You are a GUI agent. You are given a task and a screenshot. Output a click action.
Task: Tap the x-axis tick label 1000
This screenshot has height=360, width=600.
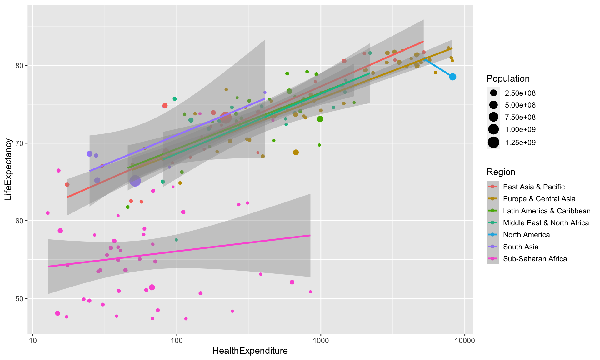tap(321, 341)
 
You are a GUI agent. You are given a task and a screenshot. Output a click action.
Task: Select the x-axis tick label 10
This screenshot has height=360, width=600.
tap(32, 341)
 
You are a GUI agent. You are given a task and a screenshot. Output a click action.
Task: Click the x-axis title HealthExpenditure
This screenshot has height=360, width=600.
tap(250, 351)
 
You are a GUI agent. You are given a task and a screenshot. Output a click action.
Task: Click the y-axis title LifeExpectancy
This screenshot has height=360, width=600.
tap(8, 169)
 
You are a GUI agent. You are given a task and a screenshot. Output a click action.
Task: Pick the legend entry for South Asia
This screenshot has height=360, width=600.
tap(521, 247)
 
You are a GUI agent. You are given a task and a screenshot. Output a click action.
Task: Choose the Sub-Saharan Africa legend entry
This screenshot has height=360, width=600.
tap(535, 259)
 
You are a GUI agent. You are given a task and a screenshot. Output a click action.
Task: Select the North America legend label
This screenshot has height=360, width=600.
tap(526, 235)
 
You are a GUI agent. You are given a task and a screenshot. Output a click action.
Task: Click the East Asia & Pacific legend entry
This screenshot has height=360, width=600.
tap(534, 187)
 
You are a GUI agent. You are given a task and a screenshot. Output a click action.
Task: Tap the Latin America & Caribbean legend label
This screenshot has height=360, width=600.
tap(547, 211)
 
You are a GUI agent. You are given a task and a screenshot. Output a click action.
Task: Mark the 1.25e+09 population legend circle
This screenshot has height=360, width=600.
tap(493, 142)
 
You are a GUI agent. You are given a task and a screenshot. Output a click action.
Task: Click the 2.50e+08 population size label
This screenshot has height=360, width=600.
tap(520, 93)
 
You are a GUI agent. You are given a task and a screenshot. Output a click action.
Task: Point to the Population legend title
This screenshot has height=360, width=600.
tap(508, 78)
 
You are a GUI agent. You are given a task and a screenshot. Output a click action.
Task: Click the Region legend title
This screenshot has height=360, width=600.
tap(501, 172)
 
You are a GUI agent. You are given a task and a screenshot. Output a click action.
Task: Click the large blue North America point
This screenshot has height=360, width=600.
tap(452, 77)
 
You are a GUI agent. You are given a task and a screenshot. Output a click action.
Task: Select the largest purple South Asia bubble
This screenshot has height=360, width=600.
tap(135, 181)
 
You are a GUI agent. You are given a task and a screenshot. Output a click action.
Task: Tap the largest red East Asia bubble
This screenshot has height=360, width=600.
tap(226, 117)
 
